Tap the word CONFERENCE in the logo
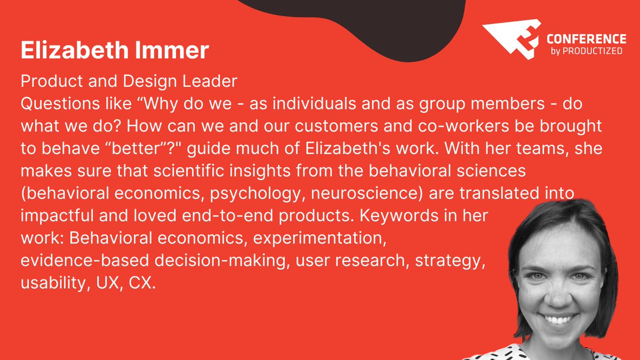[586, 39]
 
